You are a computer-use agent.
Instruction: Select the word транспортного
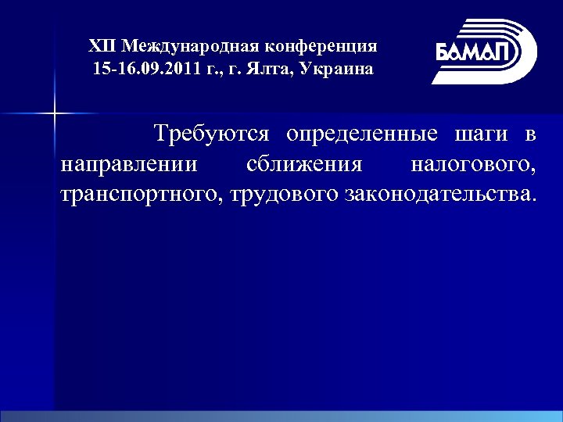[x=142, y=194]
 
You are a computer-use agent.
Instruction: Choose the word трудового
[x=283, y=194]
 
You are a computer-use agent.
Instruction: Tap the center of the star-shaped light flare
[x=54, y=114]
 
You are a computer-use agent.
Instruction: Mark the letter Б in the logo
[x=443, y=52]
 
